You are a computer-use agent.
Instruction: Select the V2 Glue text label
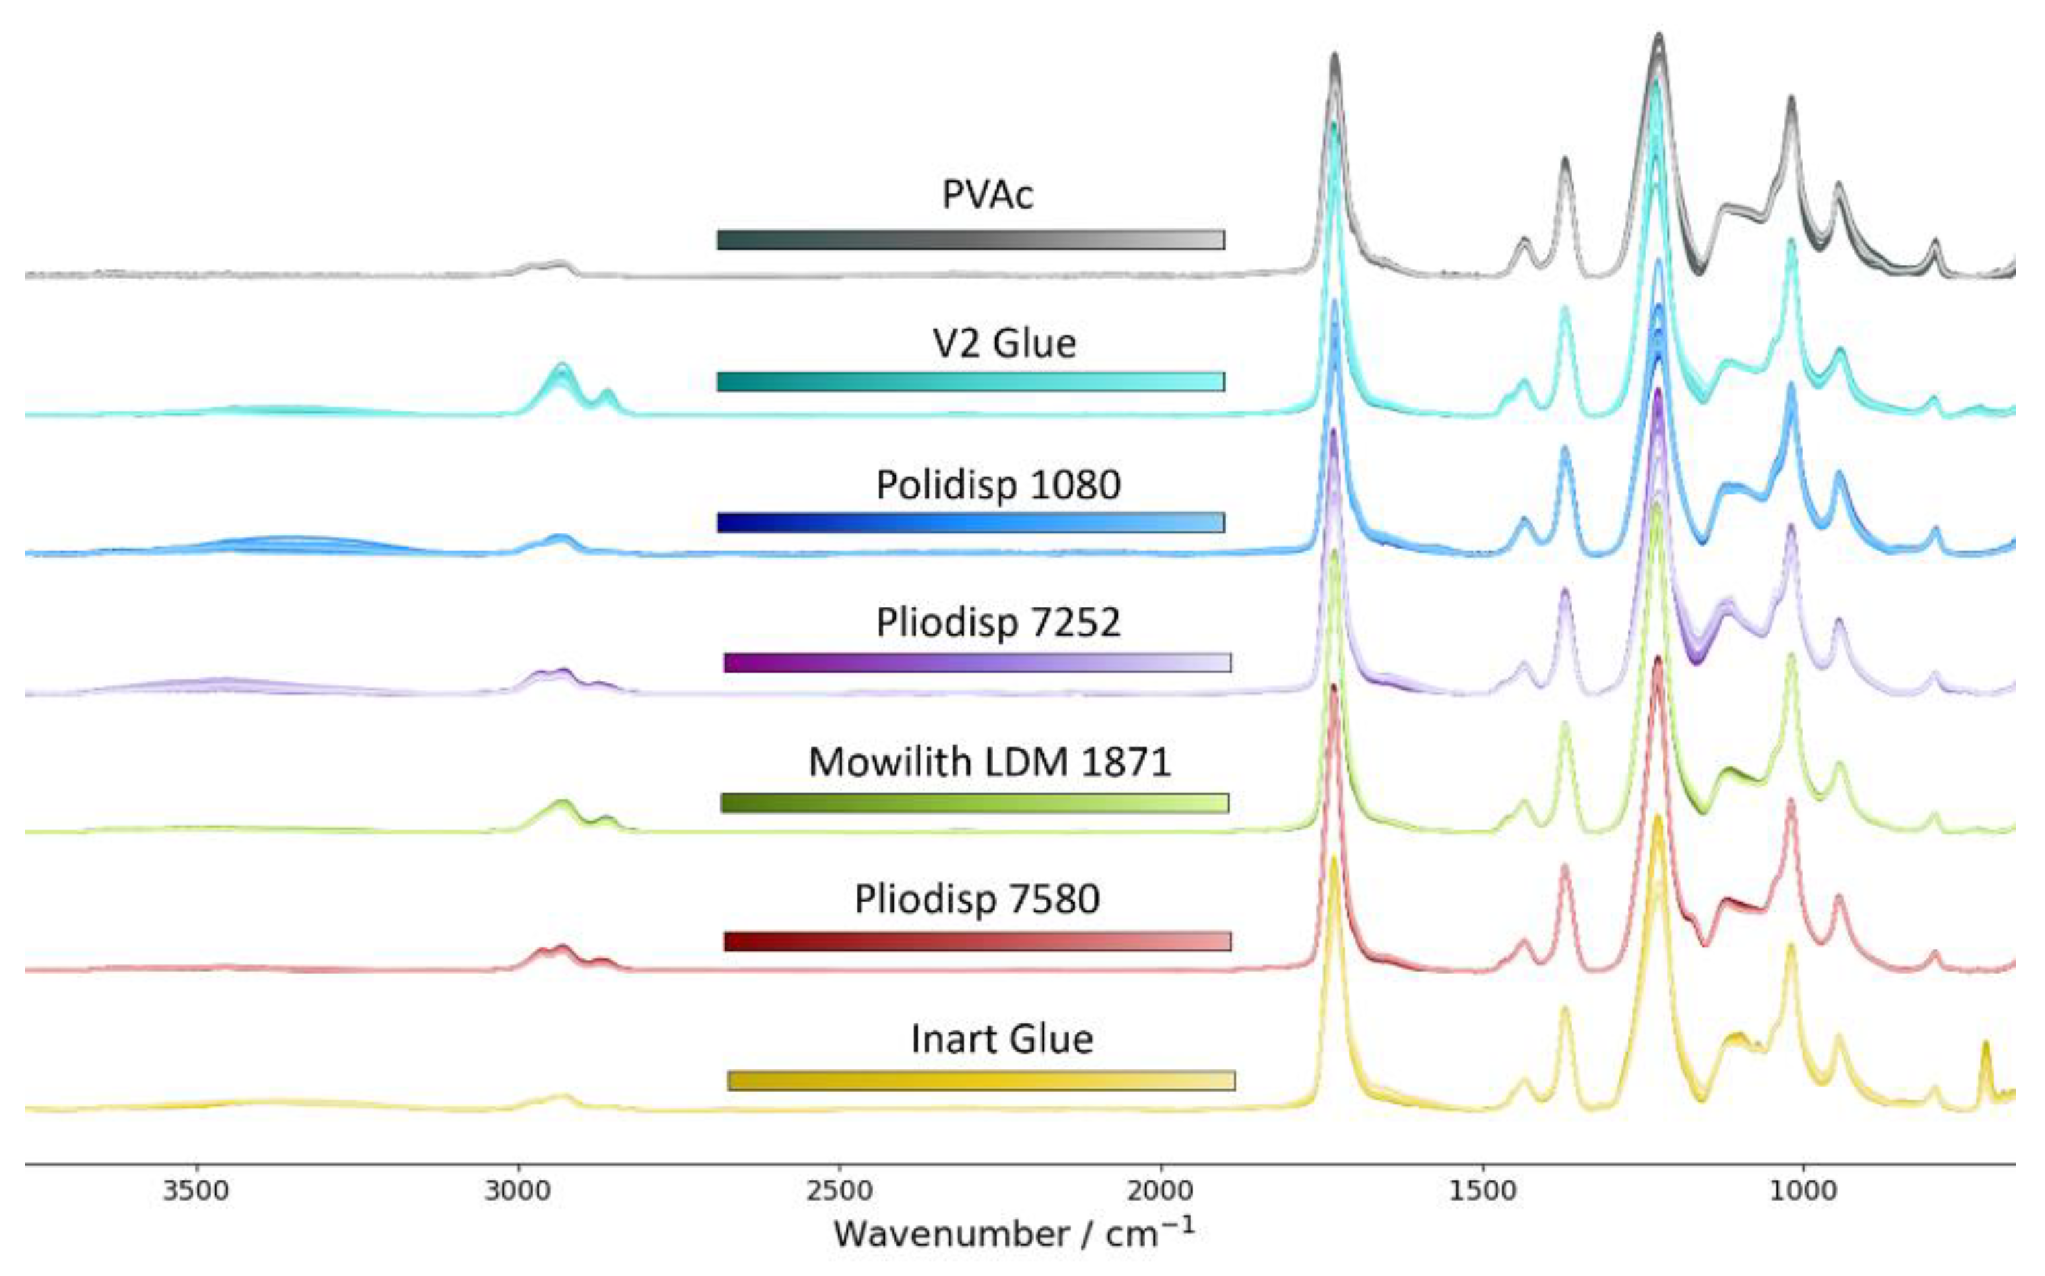[x=1005, y=343]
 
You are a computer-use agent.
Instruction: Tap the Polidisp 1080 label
[x=999, y=484]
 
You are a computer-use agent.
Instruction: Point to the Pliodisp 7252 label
[x=999, y=623]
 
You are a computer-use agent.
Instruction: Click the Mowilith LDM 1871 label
[x=989, y=762]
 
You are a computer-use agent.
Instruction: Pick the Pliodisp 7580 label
[x=976, y=900]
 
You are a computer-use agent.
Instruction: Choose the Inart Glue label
[x=1002, y=1039]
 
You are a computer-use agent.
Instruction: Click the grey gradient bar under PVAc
[x=970, y=240]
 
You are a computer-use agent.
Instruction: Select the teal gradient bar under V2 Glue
[x=970, y=381]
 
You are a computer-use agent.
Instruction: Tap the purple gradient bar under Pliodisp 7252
[x=976, y=663]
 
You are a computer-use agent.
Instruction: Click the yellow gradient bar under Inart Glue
[x=980, y=1080]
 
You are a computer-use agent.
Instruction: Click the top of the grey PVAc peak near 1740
[x=1335, y=56]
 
